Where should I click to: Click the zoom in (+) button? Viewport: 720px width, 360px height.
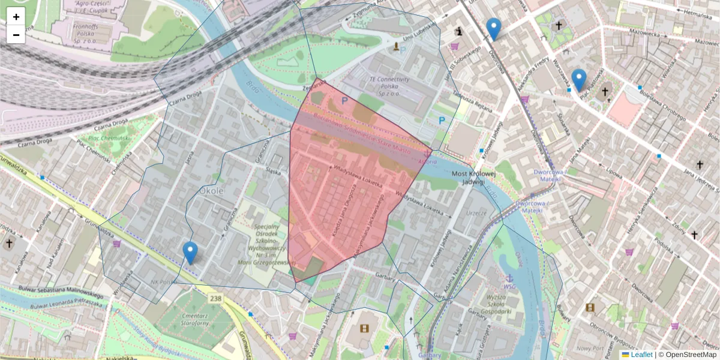(x=16, y=17)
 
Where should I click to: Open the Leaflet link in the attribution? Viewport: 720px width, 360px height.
(x=641, y=355)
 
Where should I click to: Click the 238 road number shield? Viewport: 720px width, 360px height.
(x=215, y=298)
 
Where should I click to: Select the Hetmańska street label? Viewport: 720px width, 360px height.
(x=696, y=11)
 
